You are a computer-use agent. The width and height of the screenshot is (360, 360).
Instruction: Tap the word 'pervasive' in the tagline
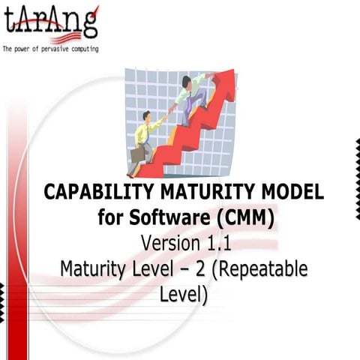point(57,49)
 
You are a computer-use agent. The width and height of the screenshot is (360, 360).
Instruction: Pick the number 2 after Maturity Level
point(200,268)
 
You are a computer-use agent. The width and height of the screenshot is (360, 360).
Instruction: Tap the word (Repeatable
point(259,268)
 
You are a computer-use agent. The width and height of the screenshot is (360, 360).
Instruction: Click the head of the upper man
point(187,81)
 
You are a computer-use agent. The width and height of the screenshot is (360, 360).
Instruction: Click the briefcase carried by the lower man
point(138,154)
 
